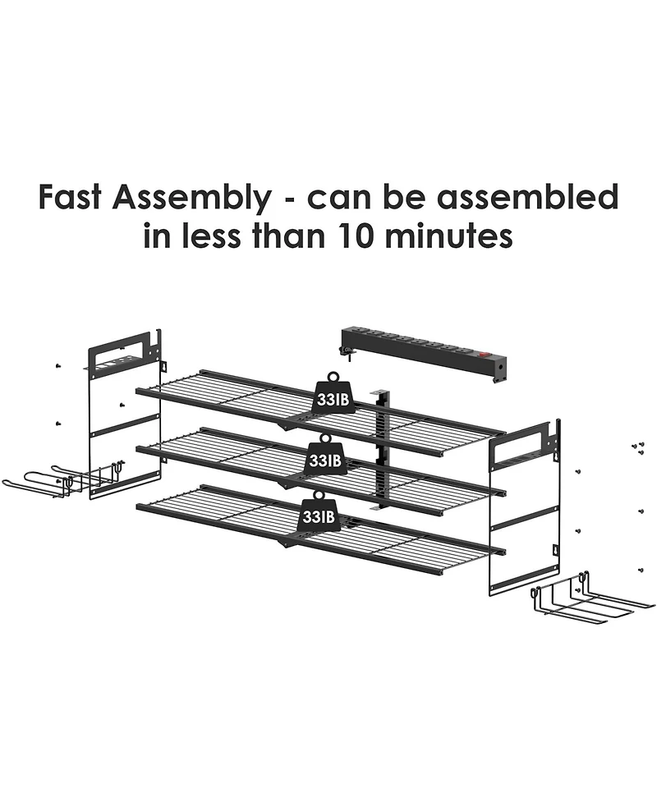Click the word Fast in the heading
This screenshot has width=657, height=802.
pos(70,197)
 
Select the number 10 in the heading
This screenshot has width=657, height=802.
pos(356,236)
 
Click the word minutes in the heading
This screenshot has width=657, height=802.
pos(448,236)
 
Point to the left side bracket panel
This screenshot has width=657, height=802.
pos(125,415)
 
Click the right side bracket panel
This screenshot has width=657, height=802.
pos(525,507)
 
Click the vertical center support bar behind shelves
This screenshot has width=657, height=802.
pos(382,450)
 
